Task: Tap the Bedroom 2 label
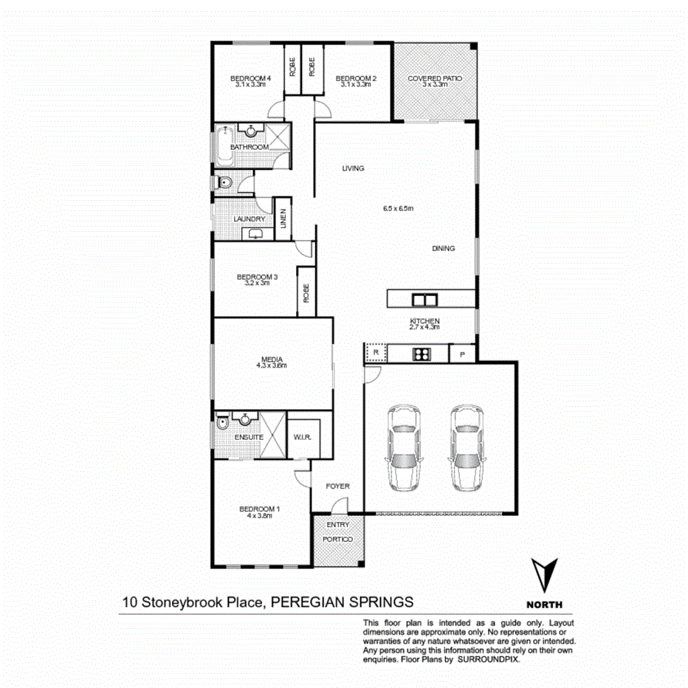(x=357, y=78)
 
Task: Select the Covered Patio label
(x=436, y=78)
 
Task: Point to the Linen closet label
(x=283, y=219)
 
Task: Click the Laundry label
(x=249, y=219)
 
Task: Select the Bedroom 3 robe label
(x=306, y=292)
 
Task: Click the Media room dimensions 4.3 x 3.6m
(x=270, y=365)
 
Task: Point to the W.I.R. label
(x=301, y=437)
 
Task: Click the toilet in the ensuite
(x=222, y=424)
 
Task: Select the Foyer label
(x=338, y=486)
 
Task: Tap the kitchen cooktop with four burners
(x=422, y=355)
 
